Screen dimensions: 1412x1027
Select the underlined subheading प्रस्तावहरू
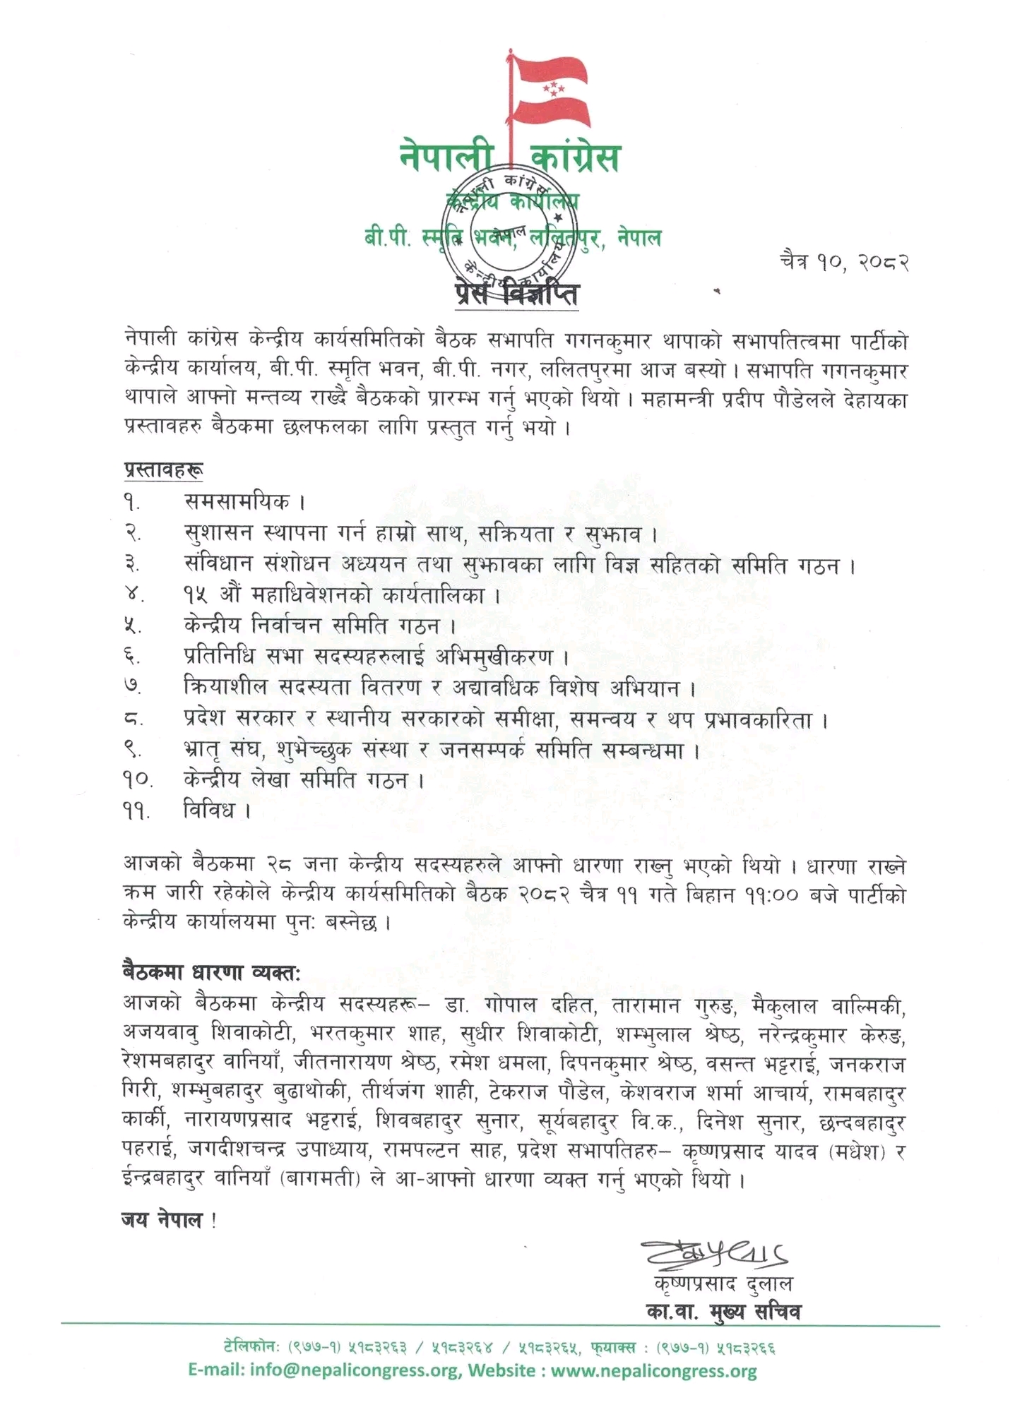pyautogui.click(x=164, y=470)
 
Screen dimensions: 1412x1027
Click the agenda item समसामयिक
pyautogui.click(x=237, y=502)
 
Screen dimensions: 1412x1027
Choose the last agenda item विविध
pyautogui.click(x=209, y=810)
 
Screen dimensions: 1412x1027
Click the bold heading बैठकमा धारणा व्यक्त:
pyautogui.click(x=211, y=973)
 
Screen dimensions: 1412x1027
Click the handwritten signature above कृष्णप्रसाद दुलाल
pyautogui.click(x=714, y=1255)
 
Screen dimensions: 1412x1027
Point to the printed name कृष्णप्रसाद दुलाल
pyautogui.click(x=723, y=1284)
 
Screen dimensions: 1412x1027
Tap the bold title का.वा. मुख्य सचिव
pyautogui.click(x=723, y=1312)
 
